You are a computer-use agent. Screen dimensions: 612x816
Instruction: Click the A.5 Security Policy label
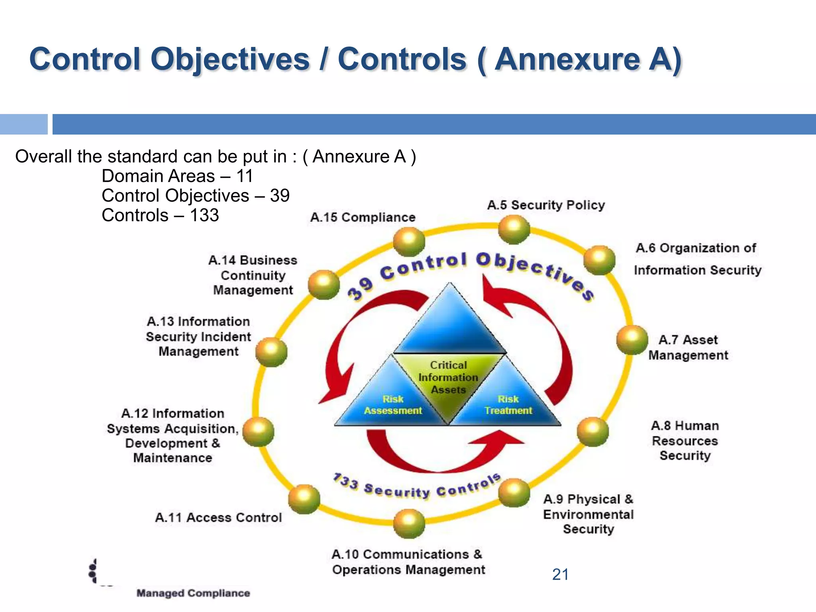click(x=546, y=205)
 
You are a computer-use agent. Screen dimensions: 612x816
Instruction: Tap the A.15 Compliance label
click(x=363, y=218)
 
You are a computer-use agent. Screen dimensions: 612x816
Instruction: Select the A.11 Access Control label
click(x=218, y=518)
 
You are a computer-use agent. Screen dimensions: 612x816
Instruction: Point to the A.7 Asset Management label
click(x=688, y=347)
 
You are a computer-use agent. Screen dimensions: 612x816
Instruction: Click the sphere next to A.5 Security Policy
click(x=514, y=229)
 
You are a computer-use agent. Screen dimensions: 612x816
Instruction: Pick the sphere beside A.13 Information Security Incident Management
click(x=271, y=352)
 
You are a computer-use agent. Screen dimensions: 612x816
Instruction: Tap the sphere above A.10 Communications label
click(x=409, y=523)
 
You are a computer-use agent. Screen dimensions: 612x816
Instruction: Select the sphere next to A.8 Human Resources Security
click(x=593, y=432)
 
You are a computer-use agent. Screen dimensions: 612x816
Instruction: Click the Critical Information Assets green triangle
click(x=448, y=379)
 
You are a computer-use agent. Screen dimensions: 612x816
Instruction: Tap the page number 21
click(x=560, y=575)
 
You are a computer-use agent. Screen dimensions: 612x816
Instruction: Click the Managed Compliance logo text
click(x=193, y=593)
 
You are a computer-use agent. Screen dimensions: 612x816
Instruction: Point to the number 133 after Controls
click(x=204, y=216)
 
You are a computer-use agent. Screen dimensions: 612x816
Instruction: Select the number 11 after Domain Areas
click(x=245, y=176)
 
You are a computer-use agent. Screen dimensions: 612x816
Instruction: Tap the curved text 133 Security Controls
click(x=416, y=488)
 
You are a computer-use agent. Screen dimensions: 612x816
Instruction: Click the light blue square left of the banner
click(x=24, y=124)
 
